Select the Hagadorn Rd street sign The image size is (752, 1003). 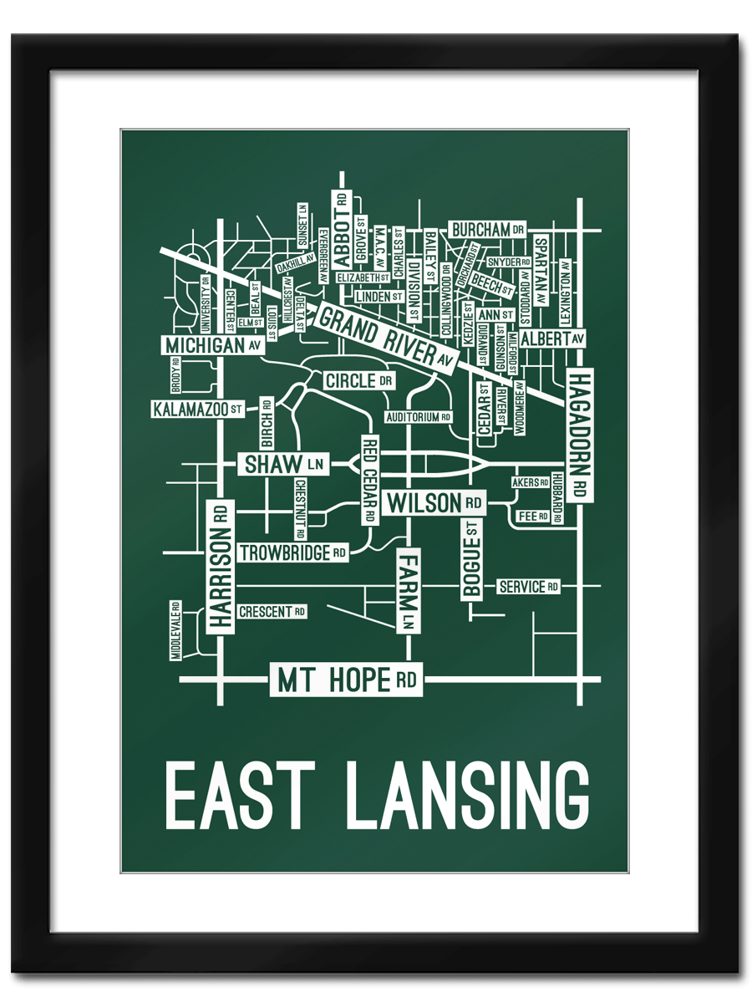point(579,435)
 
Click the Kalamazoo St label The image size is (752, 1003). point(198,410)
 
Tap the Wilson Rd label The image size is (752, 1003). point(434,503)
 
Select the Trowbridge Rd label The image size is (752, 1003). point(293,552)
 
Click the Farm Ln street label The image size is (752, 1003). point(409,590)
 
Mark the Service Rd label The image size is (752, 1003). point(528,587)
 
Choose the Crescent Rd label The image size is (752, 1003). point(272,612)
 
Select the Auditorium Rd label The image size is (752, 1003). point(419,416)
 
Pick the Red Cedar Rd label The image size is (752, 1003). point(369,480)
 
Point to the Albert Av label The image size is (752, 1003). point(552,339)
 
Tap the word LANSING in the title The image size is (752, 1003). point(467,795)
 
